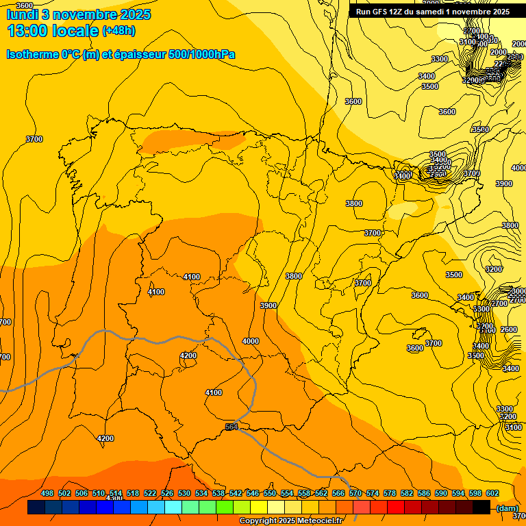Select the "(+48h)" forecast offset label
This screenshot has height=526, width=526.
(118, 31)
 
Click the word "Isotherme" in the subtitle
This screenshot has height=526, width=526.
(32, 54)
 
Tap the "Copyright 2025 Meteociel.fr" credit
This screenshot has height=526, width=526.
(290, 521)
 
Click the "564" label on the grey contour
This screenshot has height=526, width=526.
(231, 427)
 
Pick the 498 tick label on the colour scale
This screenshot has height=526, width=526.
(47, 493)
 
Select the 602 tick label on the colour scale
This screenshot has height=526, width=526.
(492, 493)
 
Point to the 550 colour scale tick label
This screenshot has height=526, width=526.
(270, 493)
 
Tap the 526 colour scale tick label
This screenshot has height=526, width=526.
(167, 493)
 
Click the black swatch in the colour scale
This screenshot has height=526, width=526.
(481, 508)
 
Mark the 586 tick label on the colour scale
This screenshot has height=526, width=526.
(424, 493)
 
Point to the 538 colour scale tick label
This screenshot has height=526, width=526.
(218, 493)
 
